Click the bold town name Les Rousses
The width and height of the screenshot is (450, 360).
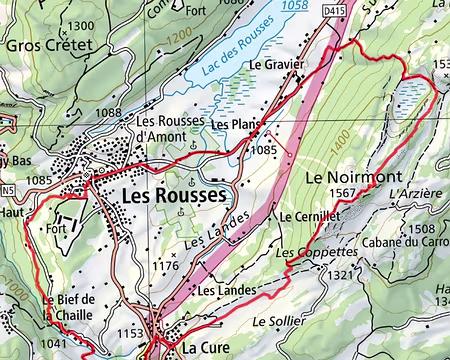[173, 197]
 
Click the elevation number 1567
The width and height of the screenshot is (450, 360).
[342, 194]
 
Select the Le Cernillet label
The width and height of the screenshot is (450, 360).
[311, 216]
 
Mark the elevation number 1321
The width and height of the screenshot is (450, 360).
[341, 274]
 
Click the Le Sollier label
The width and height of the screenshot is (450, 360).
[276, 322]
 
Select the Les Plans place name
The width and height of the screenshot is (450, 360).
[234, 124]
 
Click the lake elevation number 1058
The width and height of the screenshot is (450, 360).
[293, 6]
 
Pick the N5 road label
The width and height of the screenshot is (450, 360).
[9, 188]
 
